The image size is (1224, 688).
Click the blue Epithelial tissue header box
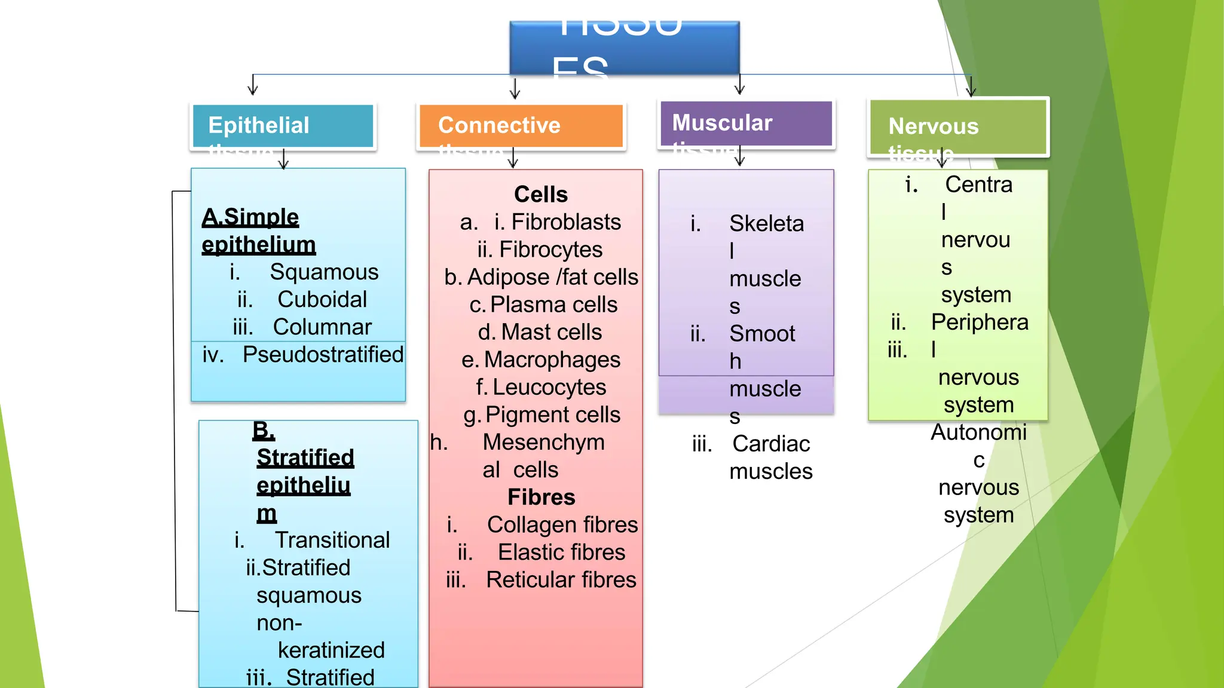click(283, 126)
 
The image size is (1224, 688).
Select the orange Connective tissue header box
click(521, 126)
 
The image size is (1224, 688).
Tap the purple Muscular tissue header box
click(746, 124)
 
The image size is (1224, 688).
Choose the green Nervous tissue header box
click(958, 127)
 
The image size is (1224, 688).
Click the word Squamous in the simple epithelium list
click(324, 272)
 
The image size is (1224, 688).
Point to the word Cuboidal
click(322, 300)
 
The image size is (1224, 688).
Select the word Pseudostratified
click(323, 355)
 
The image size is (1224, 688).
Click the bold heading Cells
click(541, 195)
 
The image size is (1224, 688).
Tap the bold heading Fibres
click(541, 497)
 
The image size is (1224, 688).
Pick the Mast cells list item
click(540, 333)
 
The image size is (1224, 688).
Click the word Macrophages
click(552, 360)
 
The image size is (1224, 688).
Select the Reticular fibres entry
click(561, 580)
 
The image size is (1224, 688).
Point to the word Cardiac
click(771, 444)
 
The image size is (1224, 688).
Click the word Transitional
click(332, 540)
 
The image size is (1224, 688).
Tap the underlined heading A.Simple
click(250, 217)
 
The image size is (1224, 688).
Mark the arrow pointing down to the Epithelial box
click(253, 85)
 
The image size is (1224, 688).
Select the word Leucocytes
click(549, 388)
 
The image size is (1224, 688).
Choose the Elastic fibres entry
click(561, 552)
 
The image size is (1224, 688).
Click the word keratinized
click(331, 650)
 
